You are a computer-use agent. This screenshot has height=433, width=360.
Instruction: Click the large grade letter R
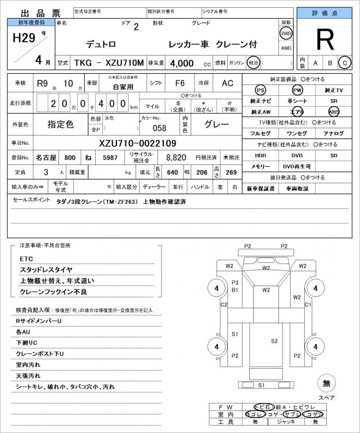(x=325, y=39)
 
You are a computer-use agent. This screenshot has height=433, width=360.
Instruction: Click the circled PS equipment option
(x=260, y=90)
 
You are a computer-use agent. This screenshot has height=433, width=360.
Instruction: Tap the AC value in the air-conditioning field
(x=227, y=83)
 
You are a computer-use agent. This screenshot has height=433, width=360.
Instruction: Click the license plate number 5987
(x=110, y=158)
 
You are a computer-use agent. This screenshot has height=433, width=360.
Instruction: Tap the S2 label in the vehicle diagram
(x=274, y=341)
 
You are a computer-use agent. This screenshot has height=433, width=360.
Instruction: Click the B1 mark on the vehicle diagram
(x=236, y=290)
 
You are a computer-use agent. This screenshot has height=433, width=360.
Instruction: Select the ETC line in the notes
(x=26, y=258)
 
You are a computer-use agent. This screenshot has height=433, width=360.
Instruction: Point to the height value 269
(x=230, y=172)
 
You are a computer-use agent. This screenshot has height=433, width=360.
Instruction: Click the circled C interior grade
(x=345, y=63)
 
